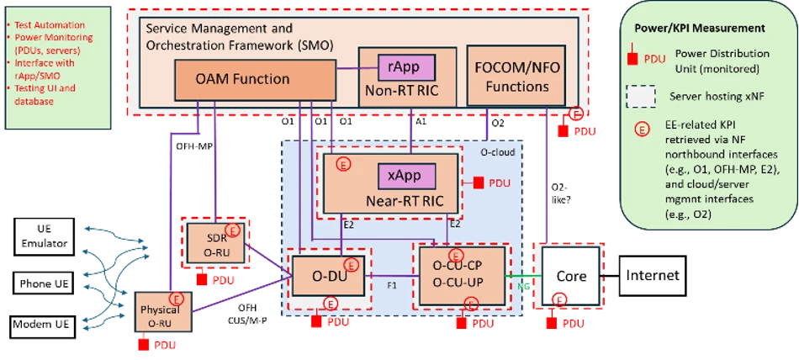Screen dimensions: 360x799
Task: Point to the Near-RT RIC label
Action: click(x=406, y=202)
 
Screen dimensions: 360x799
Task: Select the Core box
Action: click(x=572, y=276)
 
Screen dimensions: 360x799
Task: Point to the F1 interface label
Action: click(x=391, y=285)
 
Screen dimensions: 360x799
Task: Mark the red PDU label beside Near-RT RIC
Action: click(x=494, y=183)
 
